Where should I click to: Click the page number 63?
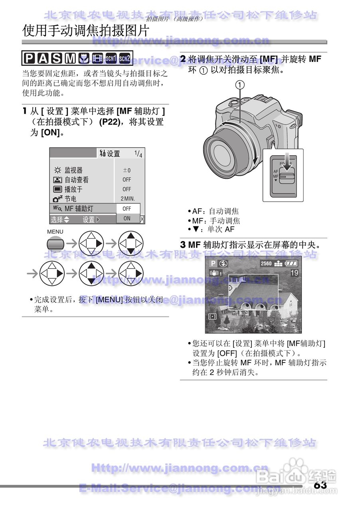pos(320,485)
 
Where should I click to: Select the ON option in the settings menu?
pos(127,218)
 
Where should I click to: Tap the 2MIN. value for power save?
pos(128,199)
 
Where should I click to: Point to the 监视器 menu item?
pos(73,170)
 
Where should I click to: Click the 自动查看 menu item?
pos(77,180)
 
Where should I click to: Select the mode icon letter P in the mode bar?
pos(30,59)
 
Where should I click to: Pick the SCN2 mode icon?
pos(125,59)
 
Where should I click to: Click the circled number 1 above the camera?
pos(240,85)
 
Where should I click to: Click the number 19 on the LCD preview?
pos(294,273)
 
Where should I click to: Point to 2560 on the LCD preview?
pos(266,263)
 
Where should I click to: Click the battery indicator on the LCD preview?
pos(292,263)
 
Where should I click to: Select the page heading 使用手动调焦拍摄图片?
pos(86,30)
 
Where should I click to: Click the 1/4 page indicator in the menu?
pos(138,154)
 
